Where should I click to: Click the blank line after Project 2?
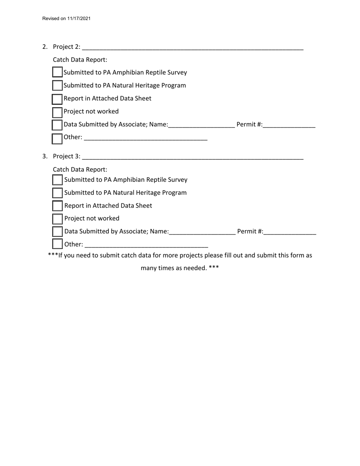click(x=193, y=47)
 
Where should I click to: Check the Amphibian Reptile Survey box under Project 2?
click(x=57, y=72)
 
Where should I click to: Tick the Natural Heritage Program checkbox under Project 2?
click(x=57, y=85)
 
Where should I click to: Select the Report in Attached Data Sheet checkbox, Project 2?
click(x=57, y=99)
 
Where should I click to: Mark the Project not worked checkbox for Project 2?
click(x=57, y=112)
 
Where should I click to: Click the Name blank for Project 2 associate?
click(x=202, y=125)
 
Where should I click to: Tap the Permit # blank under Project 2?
click(x=289, y=125)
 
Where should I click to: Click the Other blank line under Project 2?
click(x=146, y=138)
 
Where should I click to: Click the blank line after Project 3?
click(x=193, y=157)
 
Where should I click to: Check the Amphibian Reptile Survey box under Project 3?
click(x=57, y=180)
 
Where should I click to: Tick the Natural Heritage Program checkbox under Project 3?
click(x=57, y=193)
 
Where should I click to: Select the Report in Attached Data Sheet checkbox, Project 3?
click(x=57, y=206)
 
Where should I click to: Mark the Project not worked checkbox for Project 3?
click(x=57, y=219)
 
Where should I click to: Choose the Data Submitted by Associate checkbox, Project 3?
click(x=57, y=231)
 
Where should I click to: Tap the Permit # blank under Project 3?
click(x=290, y=232)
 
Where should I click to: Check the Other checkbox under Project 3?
click(x=57, y=244)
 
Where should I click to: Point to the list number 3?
click(x=45, y=156)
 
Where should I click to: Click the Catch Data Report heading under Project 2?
click(x=80, y=60)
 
